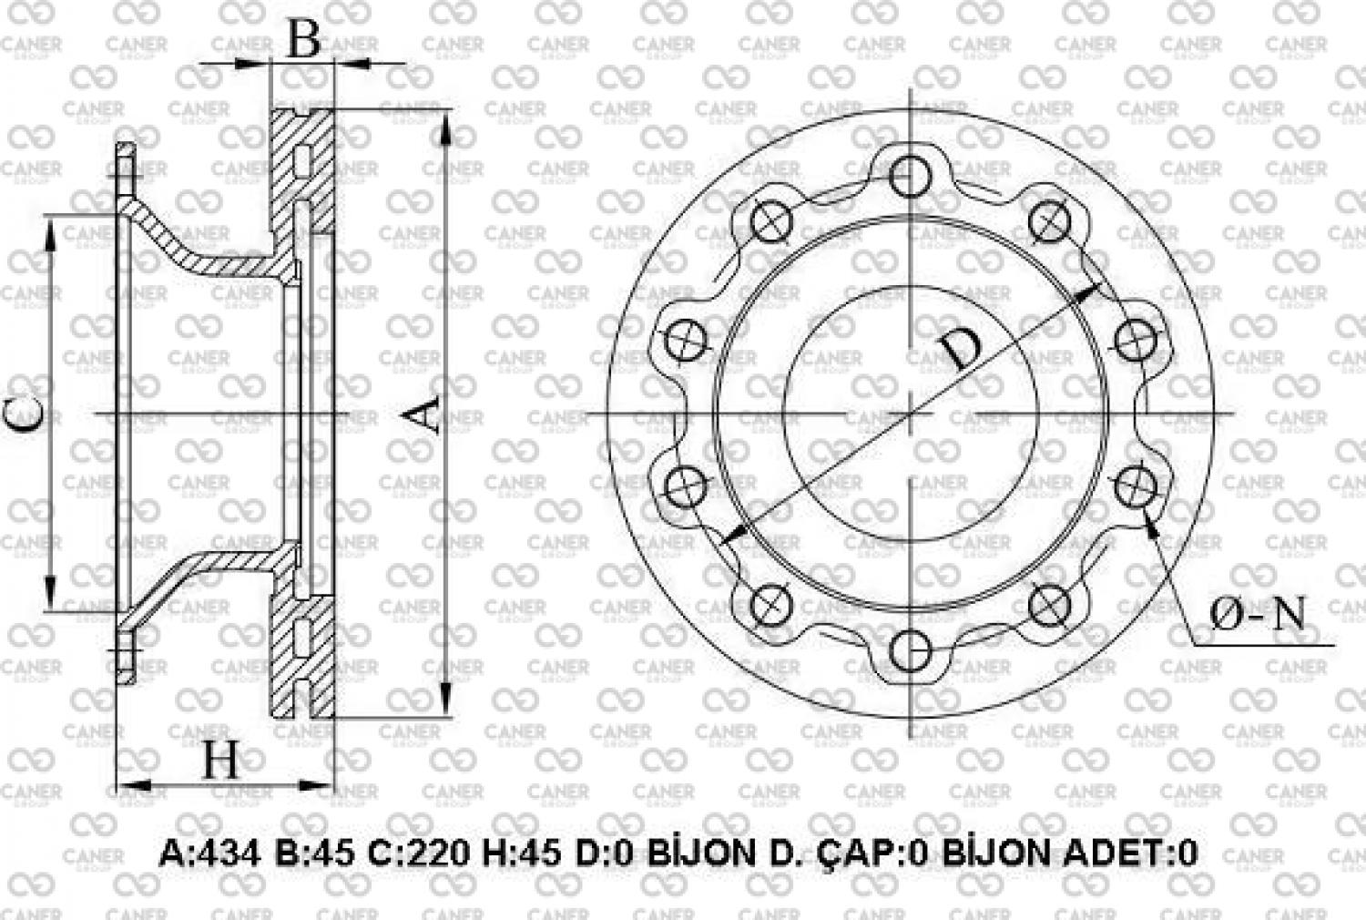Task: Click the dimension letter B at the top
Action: [303, 39]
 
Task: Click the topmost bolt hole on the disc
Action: [909, 176]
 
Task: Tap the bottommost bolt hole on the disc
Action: [909, 649]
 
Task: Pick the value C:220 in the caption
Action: [418, 854]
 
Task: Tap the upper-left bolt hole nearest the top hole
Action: [771, 221]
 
